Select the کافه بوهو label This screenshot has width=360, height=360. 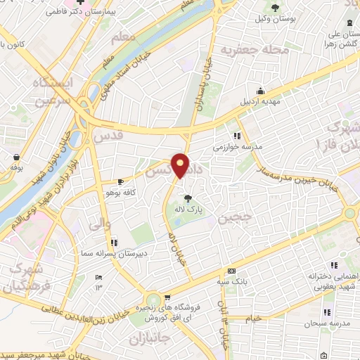(x=118, y=192)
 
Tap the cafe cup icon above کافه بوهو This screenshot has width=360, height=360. (x=120, y=181)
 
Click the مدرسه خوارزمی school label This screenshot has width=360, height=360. (x=238, y=148)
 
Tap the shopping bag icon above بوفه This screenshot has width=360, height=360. (x=16, y=156)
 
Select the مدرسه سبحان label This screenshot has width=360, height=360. (x=322, y=324)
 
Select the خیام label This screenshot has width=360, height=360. (x=253, y=318)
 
